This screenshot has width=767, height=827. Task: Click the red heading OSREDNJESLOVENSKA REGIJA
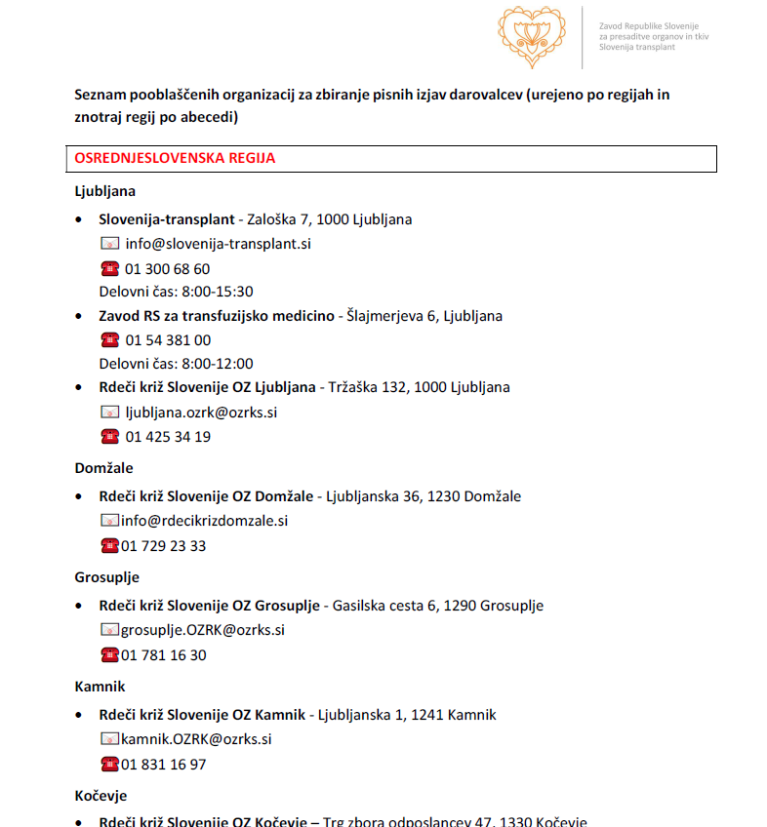[176, 158]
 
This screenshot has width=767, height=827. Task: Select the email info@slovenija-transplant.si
[219, 244]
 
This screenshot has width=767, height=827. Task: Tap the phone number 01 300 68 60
[167, 268]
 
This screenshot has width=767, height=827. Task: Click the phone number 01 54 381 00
[168, 339]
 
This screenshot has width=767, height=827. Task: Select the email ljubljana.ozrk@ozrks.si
[201, 412]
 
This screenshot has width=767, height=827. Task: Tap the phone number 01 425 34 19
[168, 436]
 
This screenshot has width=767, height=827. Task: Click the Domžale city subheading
[103, 468]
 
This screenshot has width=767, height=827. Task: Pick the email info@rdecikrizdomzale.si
[205, 521]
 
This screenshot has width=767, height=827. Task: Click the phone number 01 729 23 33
[164, 545]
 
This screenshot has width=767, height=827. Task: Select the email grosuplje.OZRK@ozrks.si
[203, 630]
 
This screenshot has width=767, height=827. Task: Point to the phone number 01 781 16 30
[164, 654]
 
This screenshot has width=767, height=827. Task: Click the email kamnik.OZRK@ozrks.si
[196, 739]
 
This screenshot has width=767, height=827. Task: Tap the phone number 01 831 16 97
[164, 764]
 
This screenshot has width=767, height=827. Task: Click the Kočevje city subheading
[101, 796]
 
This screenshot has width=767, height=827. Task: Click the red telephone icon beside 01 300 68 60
[109, 268]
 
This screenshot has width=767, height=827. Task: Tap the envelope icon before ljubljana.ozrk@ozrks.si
[109, 412]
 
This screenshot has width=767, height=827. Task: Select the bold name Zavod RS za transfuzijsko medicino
[216, 316]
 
